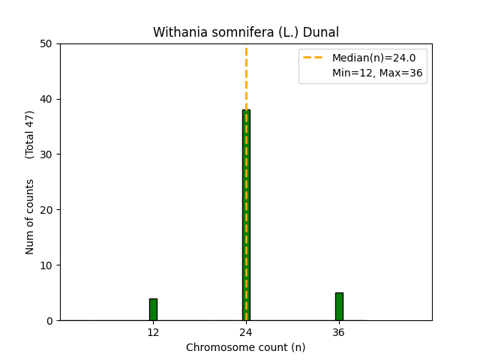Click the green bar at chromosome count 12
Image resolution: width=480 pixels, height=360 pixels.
pyautogui.click(x=153, y=310)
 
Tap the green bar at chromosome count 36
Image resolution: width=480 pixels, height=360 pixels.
pyautogui.click(x=339, y=307)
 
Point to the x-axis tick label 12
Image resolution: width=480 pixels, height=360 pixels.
pyautogui.click(x=153, y=332)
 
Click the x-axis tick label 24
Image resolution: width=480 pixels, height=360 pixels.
pyautogui.click(x=246, y=332)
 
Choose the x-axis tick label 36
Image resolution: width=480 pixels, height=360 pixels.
pyautogui.click(x=339, y=332)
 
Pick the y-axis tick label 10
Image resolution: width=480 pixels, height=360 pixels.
pyautogui.click(x=48, y=265)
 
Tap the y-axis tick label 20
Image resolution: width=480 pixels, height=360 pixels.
pyautogui.click(x=48, y=210)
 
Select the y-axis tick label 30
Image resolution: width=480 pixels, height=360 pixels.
pyautogui.click(x=48, y=154)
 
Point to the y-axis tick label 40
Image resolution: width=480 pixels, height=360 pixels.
pyautogui.click(x=48, y=99)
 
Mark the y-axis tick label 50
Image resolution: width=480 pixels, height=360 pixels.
pyautogui.click(x=48, y=43)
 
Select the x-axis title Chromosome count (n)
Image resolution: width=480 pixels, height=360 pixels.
pyautogui.click(x=246, y=347)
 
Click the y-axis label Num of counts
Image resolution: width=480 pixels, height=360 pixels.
pyautogui.click(x=30, y=217)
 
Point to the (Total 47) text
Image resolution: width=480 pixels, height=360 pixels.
pyautogui.click(x=30, y=134)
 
